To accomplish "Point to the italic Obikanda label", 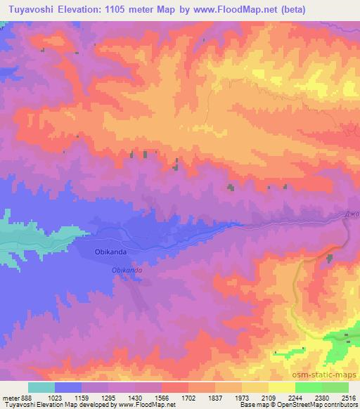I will pyautogui.click(x=127, y=270).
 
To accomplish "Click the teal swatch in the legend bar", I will pyautogui.click(x=41, y=387).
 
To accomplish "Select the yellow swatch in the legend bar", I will pyautogui.click(x=282, y=387).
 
